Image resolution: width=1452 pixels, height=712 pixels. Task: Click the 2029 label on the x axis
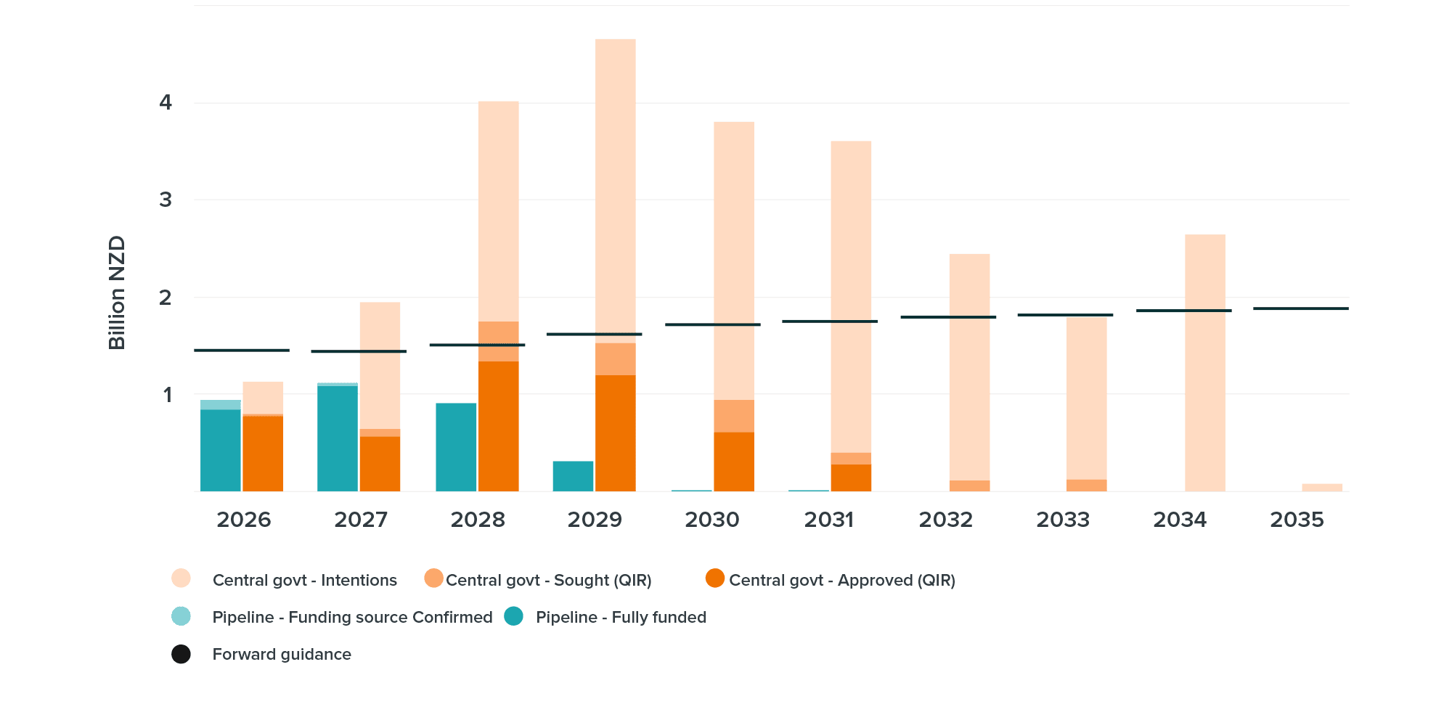click(595, 520)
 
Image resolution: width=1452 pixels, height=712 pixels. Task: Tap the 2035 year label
click(1297, 520)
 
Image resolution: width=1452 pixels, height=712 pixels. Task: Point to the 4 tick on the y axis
click(166, 102)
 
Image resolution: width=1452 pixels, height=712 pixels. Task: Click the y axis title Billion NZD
click(117, 292)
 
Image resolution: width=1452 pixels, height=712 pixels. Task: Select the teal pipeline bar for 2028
click(456, 447)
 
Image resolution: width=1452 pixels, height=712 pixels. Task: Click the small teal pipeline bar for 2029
click(573, 476)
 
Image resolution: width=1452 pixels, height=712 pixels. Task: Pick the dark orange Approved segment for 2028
click(499, 426)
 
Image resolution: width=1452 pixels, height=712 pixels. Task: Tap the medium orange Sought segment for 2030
click(734, 416)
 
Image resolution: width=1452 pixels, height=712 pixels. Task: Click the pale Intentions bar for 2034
click(1204, 363)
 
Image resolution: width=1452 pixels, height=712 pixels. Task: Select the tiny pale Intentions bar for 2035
click(1322, 488)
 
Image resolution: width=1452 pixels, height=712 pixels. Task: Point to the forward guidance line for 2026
click(242, 350)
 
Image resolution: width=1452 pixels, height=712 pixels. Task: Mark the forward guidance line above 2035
click(1300, 308)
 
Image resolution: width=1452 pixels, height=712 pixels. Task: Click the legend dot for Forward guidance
click(181, 654)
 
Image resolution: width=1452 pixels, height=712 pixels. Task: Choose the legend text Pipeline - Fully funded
click(621, 617)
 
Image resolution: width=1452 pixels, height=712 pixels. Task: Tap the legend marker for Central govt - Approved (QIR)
click(715, 578)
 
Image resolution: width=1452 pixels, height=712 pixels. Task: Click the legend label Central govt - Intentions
click(304, 580)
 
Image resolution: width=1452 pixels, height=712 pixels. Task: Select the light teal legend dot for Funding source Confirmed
click(181, 616)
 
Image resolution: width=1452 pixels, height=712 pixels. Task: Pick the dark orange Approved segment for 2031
click(851, 478)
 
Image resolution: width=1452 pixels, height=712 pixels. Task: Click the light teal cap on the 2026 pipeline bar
click(221, 404)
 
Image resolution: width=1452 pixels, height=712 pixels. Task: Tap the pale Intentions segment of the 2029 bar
click(616, 189)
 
